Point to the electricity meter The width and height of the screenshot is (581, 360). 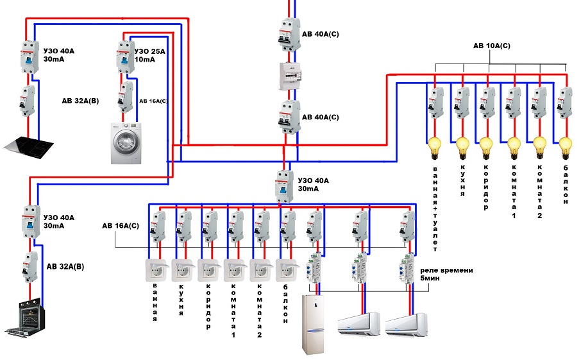(x=289, y=75)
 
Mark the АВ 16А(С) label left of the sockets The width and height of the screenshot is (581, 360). (x=121, y=227)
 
